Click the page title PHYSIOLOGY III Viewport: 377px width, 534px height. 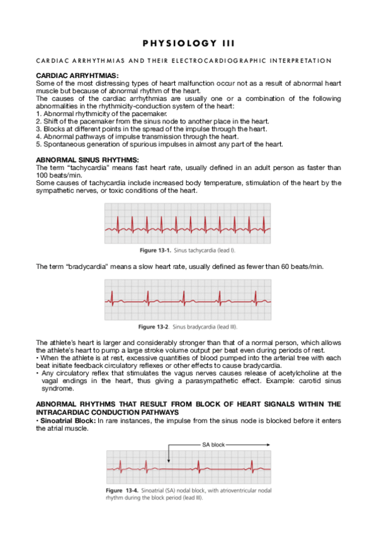(x=188, y=43)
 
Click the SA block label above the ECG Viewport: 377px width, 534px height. (x=213, y=445)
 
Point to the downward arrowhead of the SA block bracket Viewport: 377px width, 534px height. (x=169, y=457)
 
